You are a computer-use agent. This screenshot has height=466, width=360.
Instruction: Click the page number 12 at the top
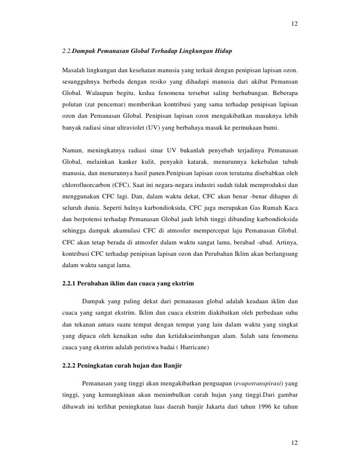coord(295,24)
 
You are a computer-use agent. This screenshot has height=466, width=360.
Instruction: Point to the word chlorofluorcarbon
coord(88,185)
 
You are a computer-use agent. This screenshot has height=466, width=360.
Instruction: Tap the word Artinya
coord(284,241)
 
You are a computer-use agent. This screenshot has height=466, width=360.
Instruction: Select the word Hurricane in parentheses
coord(193,348)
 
